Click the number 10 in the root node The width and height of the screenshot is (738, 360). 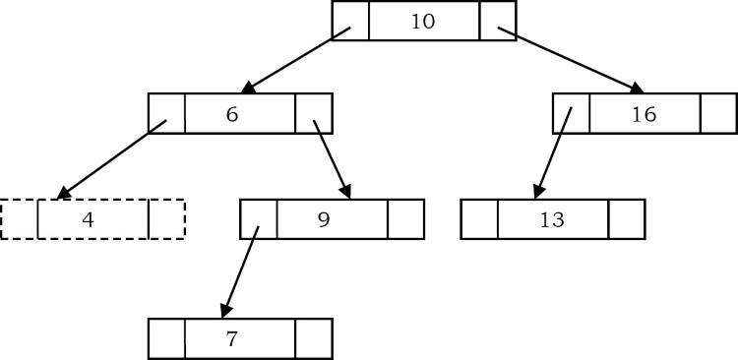point(422,21)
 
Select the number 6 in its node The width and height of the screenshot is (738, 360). point(232,114)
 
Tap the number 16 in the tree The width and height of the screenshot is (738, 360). point(644,114)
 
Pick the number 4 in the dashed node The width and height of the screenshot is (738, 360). point(89,219)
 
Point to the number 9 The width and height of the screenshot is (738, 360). point(324,219)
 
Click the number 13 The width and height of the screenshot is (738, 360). point(552,219)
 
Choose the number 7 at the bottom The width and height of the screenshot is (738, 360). point(232,339)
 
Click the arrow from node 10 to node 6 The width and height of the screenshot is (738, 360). point(295,60)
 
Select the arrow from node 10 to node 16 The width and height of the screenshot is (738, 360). point(571,60)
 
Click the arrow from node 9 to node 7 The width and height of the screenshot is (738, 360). point(240,271)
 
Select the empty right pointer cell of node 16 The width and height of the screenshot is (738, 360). point(718,114)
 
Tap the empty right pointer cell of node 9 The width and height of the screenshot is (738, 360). point(405,219)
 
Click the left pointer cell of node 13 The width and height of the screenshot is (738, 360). point(479,219)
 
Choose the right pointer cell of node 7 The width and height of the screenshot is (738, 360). point(313,339)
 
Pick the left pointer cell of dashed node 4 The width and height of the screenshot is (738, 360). point(20,219)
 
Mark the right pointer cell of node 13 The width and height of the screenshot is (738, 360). point(626,219)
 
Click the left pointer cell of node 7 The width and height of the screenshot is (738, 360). point(166,339)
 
